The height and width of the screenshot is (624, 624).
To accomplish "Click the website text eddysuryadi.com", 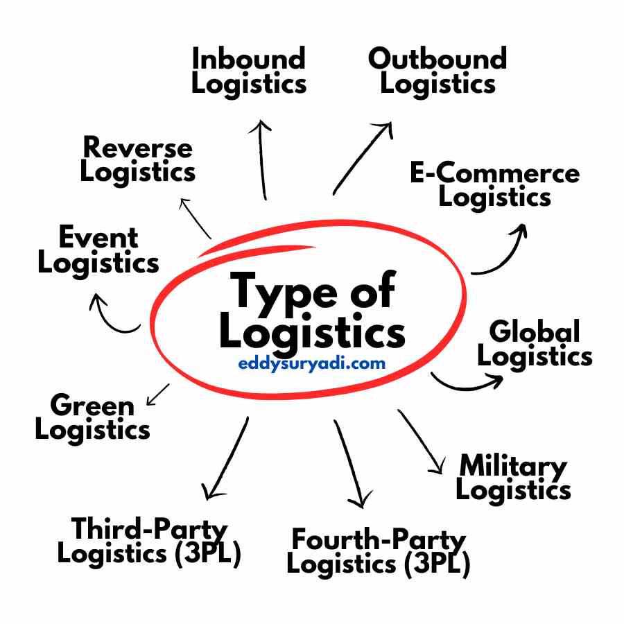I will pyautogui.click(x=311, y=363).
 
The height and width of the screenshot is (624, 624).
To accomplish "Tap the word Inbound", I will pyautogui.click(x=248, y=59).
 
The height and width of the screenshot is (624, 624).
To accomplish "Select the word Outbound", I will pyautogui.click(x=437, y=59).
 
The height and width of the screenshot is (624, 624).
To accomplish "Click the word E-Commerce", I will pyautogui.click(x=494, y=173).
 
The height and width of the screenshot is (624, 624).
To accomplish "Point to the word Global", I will pyautogui.click(x=534, y=331).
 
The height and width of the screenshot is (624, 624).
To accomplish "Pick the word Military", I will pyautogui.click(x=513, y=466).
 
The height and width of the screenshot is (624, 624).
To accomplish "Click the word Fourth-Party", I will pyautogui.click(x=379, y=539).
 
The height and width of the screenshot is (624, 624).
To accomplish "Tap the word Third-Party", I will pyautogui.click(x=149, y=529).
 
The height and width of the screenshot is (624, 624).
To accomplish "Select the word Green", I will pyautogui.click(x=92, y=405).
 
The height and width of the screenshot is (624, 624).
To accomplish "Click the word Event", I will pyautogui.click(x=98, y=238).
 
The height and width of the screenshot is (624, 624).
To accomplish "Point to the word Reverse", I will pyautogui.click(x=137, y=148).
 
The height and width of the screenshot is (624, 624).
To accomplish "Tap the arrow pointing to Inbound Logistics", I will pyautogui.click(x=262, y=159).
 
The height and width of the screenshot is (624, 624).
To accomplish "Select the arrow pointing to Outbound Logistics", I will pyautogui.click(x=362, y=158).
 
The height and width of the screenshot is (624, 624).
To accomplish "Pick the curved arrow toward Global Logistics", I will pyautogui.click(x=467, y=382).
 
